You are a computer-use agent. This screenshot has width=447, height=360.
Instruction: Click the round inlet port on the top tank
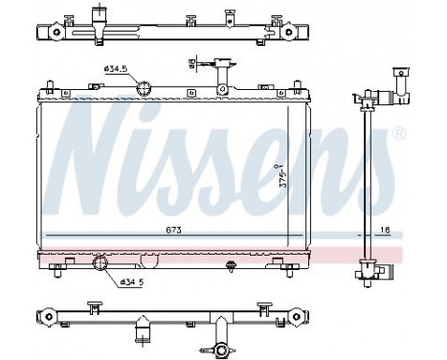(x=144, y=90)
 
